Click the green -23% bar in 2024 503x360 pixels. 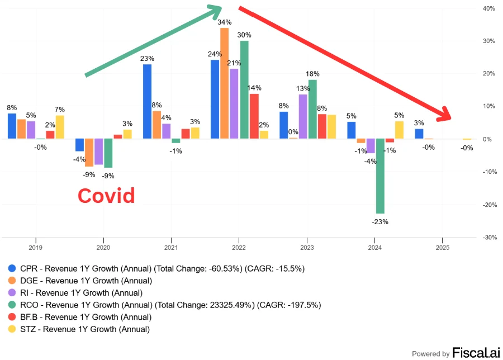[x=380, y=176]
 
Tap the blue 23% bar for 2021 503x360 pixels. [x=147, y=101]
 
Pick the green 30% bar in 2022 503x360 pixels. [x=244, y=89]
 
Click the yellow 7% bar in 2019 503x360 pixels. [x=60, y=127]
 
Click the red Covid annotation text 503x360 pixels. [x=106, y=196]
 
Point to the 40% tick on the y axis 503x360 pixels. [x=488, y=8]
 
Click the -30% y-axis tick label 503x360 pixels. [x=488, y=237]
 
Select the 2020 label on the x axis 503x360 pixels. [x=103, y=247]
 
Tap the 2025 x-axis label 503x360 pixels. [x=442, y=247]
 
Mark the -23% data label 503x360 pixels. [x=380, y=221]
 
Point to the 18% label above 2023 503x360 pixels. [x=312, y=74]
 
